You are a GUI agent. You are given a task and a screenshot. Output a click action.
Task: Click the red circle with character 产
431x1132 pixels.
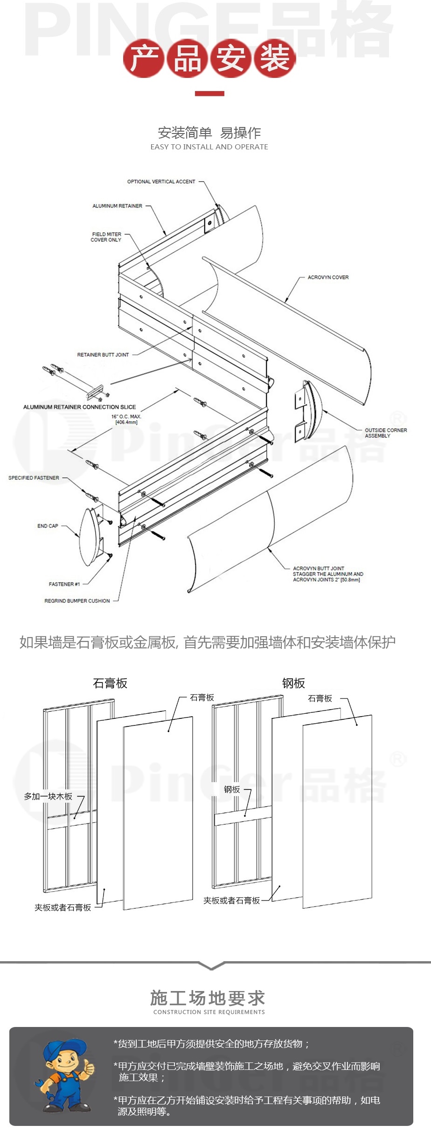click(x=144, y=58)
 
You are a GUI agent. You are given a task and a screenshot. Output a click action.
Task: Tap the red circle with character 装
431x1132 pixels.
click(x=274, y=58)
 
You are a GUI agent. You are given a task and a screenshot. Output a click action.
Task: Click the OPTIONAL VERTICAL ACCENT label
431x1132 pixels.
click(x=161, y=182)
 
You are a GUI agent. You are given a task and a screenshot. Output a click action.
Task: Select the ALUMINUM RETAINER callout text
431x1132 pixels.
click(x=117, y=206)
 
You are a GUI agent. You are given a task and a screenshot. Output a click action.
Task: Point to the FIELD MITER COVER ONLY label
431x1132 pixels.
click(x=106, y=237)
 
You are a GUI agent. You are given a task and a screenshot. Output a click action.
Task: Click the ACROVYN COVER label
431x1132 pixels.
click(x=328, y=277)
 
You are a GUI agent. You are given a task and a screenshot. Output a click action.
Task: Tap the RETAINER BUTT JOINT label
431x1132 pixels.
click(x=103, y=355)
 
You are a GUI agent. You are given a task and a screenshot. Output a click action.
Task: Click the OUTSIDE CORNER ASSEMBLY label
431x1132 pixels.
click(x=385, y=433)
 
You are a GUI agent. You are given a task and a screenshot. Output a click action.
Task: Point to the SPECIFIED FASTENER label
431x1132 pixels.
click(x=34, y=478)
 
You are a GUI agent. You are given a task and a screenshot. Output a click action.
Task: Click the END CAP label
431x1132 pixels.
click(x=48, y=526)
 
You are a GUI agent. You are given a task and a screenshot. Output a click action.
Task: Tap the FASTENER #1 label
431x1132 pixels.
click(x=64, y=584)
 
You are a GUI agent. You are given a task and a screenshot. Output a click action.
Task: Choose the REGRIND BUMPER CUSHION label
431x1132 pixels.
click(x=77, y=601)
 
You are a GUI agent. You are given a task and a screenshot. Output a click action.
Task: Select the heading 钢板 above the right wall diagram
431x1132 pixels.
click(x=293, y=683)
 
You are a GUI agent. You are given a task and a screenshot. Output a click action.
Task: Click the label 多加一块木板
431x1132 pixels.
click(x=48, y=796)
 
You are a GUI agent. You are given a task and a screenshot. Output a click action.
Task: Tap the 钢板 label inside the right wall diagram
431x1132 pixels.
click(x=232, y=789)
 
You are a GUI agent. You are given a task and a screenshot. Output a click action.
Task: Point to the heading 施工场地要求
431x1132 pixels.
click(x=208, y=998)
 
